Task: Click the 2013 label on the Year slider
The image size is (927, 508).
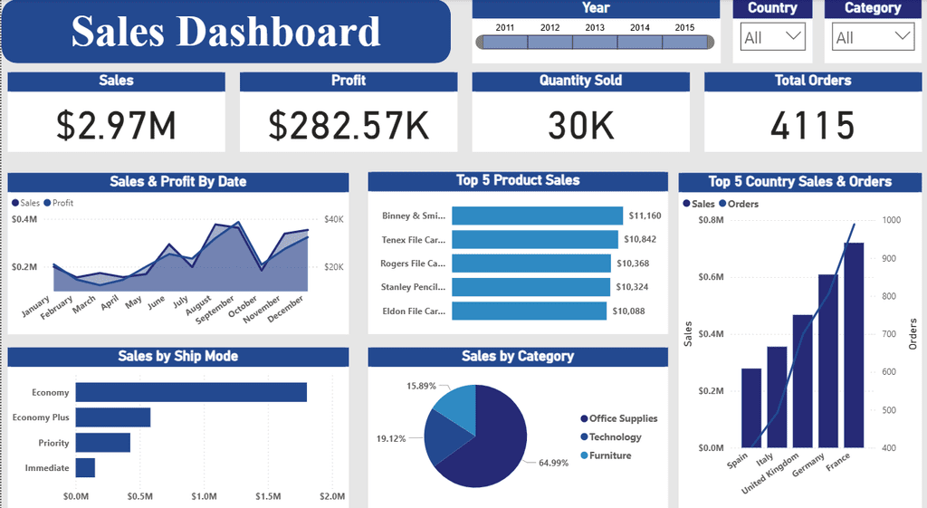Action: [x=595, y=27]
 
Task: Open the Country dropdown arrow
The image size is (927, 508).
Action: [x=794, y=36]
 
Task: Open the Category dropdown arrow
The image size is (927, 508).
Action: [x=903, y=36]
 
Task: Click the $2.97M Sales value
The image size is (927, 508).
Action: [x=116, y=125]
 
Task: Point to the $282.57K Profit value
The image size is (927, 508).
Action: [x=349, y=125]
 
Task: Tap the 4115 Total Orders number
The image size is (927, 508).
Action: [x=813, y=125]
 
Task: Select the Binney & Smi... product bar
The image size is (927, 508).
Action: [x=537, y=216]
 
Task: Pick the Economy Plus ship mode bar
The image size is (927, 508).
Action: [x=113, y=417]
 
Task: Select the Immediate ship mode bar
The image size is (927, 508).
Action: [x=85, y=467]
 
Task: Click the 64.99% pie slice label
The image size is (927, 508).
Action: [x=554, y=463]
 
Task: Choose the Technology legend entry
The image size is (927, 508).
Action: [x=615, y=436]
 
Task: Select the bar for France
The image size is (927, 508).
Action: [x=854, y=345]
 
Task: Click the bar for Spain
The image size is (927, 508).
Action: [x=751, y=407]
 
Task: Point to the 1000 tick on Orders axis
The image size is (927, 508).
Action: [x=892, y=220]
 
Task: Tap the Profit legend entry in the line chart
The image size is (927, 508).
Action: [x=62, y=203]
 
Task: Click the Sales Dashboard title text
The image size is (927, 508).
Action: [x=225, y=32]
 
